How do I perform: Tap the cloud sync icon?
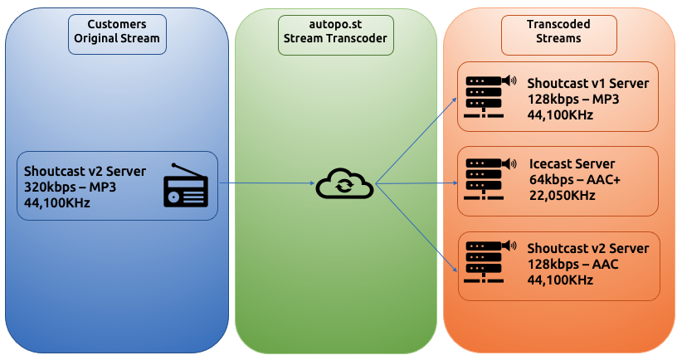coord(343,184)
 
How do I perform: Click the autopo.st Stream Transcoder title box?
coord(335,32)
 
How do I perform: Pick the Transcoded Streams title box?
coord(558,32)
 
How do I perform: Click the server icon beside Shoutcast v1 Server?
coord(490,96)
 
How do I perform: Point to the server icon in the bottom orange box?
coord(490,261)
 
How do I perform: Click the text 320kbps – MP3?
coord(71,187)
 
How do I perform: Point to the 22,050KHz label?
coord(562,194)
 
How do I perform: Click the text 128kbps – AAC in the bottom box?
coord(572,265)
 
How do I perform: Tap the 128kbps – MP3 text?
coord(573,100)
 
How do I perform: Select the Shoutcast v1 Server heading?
coord(587,84)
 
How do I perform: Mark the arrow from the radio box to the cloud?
coord(265,183)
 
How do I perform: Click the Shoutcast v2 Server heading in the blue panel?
coord(85,172)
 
